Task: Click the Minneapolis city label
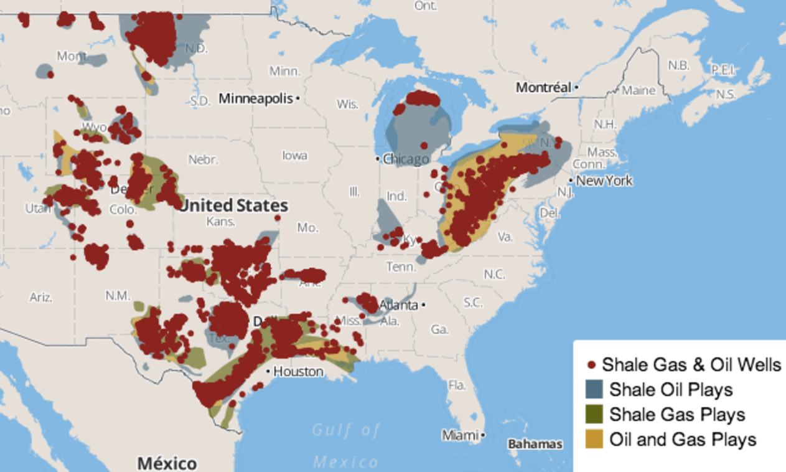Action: pyautogui.click(x=256, y=98)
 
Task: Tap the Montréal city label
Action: pyautogui.click(x=543, y=88)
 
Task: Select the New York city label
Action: pyautogui.click(x=604, y=181)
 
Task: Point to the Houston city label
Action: pyautogui.click(x=299, y=372)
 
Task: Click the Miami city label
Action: pyautogui.click(x=461, y=435)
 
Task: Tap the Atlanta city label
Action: pyautogui.click(x=398, y=305)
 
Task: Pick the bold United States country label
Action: pyautogui.click(x=234, y=205)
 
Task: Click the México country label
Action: pyautogui.click(x=167, y=463)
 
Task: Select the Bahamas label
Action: pyautogui.click(x=535, y=444)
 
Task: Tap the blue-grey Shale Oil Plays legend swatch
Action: pyautogui.click(x=594, y=390)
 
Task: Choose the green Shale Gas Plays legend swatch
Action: pyautogui.click(x=594, y=414)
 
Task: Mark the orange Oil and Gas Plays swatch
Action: pyautogui.click(x=594, y=439)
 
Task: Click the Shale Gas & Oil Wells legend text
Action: pyautogui.click(x=691, y=364)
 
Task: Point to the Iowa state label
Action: pyautogui.click(x=294, y=155)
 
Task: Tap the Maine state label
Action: pyautogui.click(x=639, y=90)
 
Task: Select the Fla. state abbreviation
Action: pyautogui.click(x=457, y=385)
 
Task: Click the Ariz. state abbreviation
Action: pyautogui.click(x=41, y=297)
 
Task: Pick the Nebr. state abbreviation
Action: pyautogui.click(x=204, y=159)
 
